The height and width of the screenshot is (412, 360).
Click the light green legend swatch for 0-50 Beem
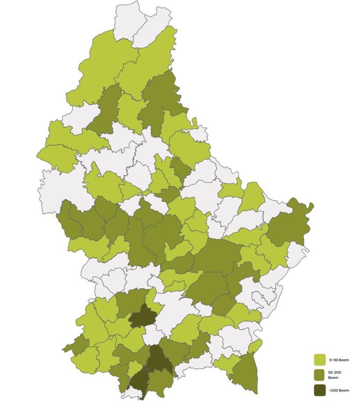click(x=320, y=360)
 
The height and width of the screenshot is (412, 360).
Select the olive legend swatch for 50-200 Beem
click(x=320, y=375)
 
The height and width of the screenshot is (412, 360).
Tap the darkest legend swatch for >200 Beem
click(x=320, y=390)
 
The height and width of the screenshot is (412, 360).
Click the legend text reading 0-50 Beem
click(x=339, y=360)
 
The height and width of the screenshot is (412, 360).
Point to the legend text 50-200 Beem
click(x=335, y=375)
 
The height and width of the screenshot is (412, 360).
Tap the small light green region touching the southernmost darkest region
click(x=136, y=368)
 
